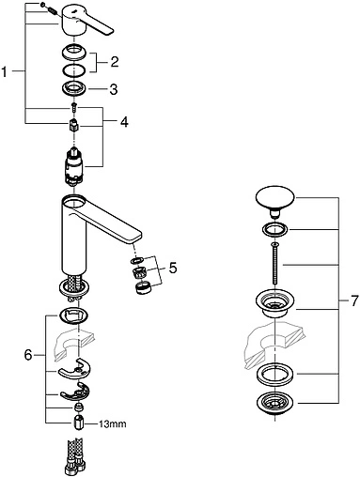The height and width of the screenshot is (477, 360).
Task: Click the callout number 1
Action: (x=4, y=72)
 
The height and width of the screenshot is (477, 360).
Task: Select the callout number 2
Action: (x=115, y=62)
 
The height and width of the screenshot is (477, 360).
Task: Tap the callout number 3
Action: (x=114, y=89)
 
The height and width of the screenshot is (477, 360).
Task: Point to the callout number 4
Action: (x=124, y=122)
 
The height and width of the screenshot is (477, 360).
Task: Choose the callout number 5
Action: (x=173, y=268)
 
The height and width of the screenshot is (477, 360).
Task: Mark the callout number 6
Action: (x=28, y=355)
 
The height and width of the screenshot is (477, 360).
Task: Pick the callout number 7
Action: (x=353, y=301)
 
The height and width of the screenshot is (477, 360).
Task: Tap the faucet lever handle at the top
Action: (x=87, y=21)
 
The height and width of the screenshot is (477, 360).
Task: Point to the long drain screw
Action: (x=274, y=263)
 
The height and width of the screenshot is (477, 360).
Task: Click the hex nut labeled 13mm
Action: (x=78, y=423)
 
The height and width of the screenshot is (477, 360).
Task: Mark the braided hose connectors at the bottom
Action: (x=74, y=458)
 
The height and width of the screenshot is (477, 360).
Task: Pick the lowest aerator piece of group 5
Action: (x=143, y=287)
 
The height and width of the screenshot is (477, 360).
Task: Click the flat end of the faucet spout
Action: (x=137, y=236)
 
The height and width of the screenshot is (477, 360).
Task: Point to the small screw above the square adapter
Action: (x=74, y=107)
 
